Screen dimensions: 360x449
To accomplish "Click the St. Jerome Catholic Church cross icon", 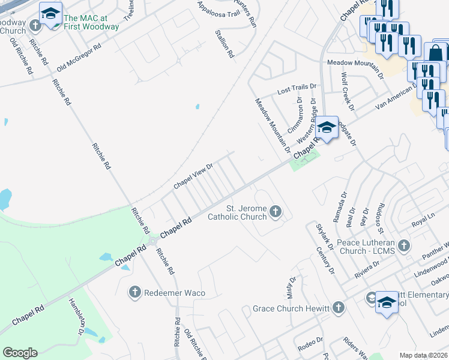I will coord(276,211).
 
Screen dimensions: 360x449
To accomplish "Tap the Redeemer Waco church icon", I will coord(134,292).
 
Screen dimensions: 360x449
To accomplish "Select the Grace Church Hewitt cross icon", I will coord(339,308).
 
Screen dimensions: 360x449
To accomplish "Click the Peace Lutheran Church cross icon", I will coord(403,245).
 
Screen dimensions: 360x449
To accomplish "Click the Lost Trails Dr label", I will coord(295,91).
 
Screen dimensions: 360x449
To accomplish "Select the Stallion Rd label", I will coord(223,43).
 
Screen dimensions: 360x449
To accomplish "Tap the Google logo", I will coord(20,353).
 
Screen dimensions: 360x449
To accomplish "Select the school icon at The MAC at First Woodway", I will coord(51,13).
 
